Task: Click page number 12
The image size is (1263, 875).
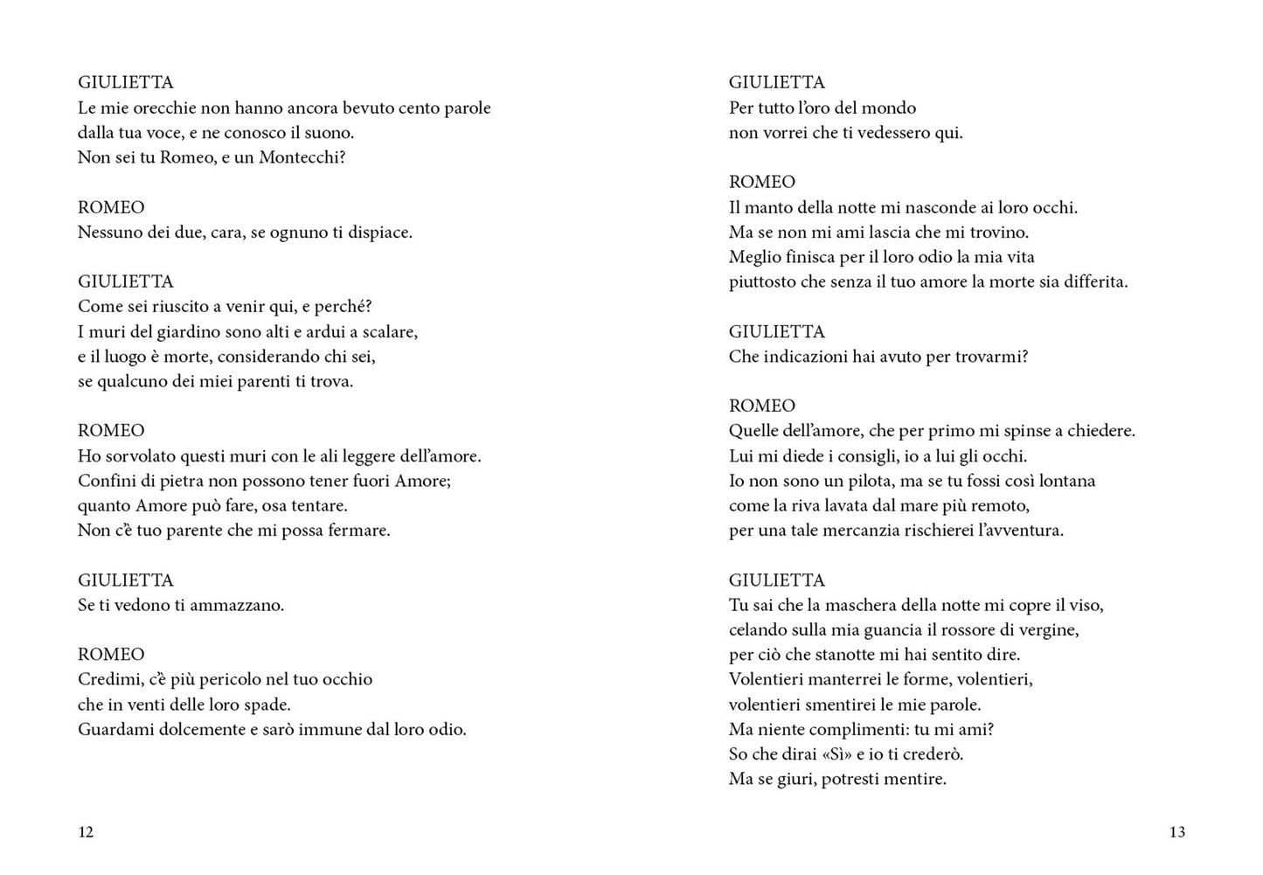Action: (86, 832)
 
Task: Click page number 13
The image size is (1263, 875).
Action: (1176, 832)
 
